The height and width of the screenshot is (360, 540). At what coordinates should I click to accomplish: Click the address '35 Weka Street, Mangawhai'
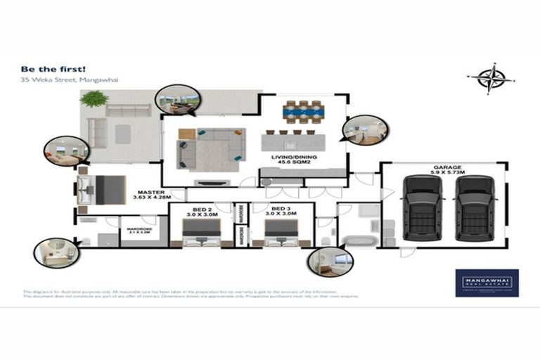(x=60, y=80)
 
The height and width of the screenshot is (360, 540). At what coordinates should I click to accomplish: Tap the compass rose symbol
(x=491, y=78)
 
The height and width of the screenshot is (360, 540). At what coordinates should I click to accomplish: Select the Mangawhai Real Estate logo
(x=487, y=283)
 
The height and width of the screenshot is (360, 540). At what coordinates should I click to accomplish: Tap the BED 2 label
(x=202, y=210)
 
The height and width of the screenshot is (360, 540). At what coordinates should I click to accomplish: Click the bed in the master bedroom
(x=102, y=188)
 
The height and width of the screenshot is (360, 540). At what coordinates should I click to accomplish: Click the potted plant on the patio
(x=94, y=99)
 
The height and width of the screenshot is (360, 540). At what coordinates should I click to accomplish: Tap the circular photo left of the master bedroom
(x=65, y=150)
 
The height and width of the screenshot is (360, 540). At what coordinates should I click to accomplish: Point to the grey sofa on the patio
(x=128, y=111)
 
